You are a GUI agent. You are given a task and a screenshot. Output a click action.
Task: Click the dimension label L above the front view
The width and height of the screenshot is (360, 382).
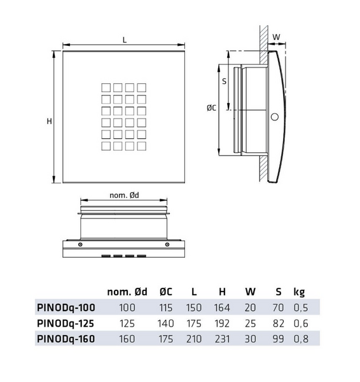125,39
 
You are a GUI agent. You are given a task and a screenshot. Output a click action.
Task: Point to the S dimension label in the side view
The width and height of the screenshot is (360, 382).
224,81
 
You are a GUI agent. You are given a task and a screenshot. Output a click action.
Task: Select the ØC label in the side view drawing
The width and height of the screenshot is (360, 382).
211,109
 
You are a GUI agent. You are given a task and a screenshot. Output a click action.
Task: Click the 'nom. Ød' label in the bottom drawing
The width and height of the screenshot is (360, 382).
125,195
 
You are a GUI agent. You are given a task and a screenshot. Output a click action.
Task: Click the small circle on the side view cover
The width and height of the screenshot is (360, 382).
274,117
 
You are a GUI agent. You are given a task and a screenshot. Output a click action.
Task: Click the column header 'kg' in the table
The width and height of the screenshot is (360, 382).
299,292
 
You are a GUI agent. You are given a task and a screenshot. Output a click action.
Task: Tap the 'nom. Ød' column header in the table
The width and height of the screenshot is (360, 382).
127,292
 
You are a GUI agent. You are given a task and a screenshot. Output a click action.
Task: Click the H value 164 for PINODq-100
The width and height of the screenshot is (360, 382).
222,308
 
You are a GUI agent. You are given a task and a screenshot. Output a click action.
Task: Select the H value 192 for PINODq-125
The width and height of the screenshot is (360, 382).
222,323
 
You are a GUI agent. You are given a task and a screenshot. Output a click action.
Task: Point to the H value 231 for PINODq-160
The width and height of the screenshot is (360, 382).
222,339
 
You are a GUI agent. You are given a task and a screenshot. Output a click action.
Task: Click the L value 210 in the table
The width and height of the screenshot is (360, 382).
194,339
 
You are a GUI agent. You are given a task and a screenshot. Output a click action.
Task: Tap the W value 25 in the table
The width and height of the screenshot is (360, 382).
249,323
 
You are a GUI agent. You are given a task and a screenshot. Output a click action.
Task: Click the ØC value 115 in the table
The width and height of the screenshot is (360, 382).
166,308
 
